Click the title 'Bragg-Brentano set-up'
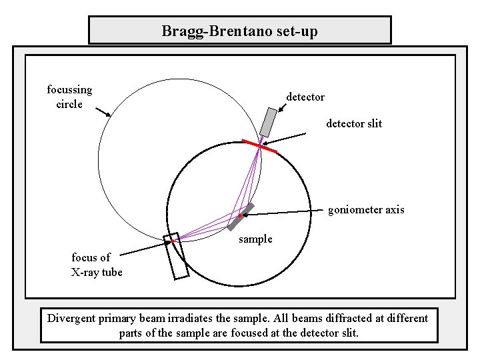click(240, 31)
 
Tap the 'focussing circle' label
click(69, 97)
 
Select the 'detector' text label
click(305, 97)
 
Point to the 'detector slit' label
click(354, 124)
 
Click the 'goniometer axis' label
click(366, 210)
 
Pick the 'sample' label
click(255, 239)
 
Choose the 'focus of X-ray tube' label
click(96, 265)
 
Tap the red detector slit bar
click(259, 147)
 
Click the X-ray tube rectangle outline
click(178, 257)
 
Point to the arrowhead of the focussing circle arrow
click(108, 115)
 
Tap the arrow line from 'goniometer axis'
click(280, 213)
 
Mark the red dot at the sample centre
click(239, 217)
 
